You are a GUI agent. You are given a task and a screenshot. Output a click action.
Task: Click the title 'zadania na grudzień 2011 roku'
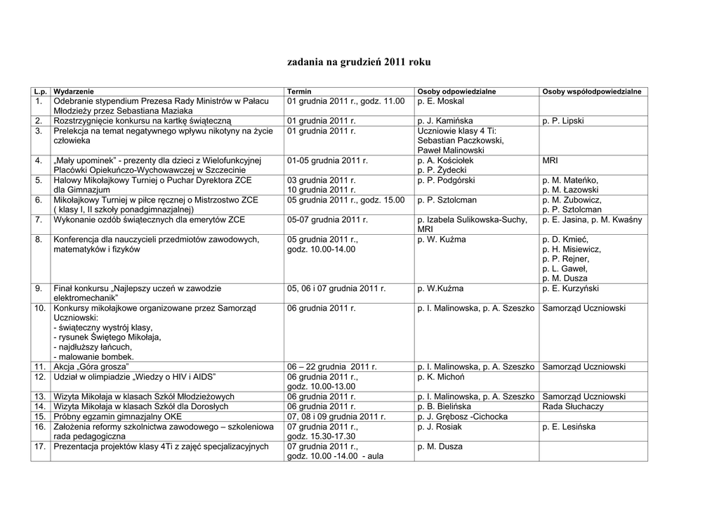point(359,63)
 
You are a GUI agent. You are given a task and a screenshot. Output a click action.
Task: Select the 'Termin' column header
point(299,92)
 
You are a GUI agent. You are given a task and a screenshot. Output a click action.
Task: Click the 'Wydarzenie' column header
point(74,92)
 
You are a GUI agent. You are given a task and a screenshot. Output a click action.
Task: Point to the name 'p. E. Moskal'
point(440,102)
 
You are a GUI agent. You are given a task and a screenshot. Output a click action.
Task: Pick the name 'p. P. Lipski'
point(563,121)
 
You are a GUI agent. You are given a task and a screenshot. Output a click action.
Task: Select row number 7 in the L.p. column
point(39,220)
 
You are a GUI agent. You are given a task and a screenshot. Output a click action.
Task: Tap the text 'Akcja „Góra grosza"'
point(91,367)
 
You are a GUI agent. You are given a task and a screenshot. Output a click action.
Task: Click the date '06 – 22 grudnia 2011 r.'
point(332,367)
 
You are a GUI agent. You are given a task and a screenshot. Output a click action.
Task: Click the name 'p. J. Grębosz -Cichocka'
point(462,416)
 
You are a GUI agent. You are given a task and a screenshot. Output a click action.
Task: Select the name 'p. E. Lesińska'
point(569,427)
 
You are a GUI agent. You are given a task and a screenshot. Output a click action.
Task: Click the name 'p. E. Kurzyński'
point(571,288)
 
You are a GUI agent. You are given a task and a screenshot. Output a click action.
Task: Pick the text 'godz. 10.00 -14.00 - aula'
point(335,456)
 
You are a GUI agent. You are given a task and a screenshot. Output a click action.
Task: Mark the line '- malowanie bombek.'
point(93,357)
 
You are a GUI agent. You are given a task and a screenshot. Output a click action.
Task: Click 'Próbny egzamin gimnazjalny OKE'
point(114,416)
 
